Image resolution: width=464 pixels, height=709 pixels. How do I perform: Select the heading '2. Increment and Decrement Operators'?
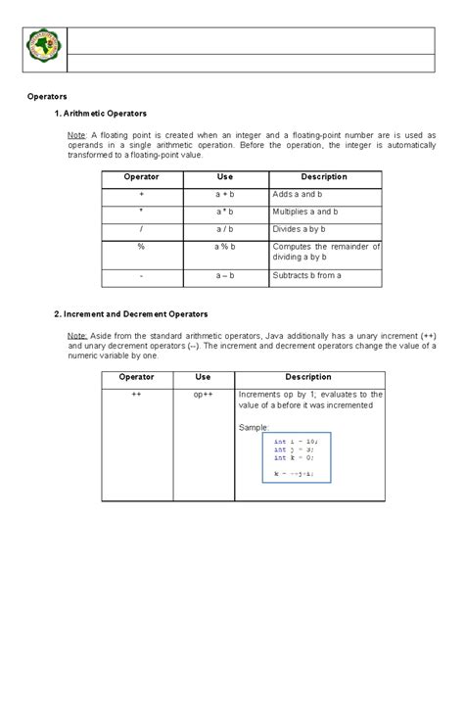130,313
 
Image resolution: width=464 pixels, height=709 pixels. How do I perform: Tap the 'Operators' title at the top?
46,97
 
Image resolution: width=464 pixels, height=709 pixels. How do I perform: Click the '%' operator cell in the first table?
142,247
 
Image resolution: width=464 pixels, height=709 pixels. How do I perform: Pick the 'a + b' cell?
225,195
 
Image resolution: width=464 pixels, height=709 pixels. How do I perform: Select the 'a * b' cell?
225,212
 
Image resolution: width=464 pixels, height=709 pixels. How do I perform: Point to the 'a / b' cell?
225,229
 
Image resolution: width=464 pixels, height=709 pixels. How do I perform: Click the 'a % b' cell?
225,247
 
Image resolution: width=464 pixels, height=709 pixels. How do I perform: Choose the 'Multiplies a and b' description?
312,212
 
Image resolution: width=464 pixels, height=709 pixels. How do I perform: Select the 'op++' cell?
203,395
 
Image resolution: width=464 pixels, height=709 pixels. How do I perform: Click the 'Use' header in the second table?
203,377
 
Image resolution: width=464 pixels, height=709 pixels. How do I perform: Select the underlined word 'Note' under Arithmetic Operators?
75,134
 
